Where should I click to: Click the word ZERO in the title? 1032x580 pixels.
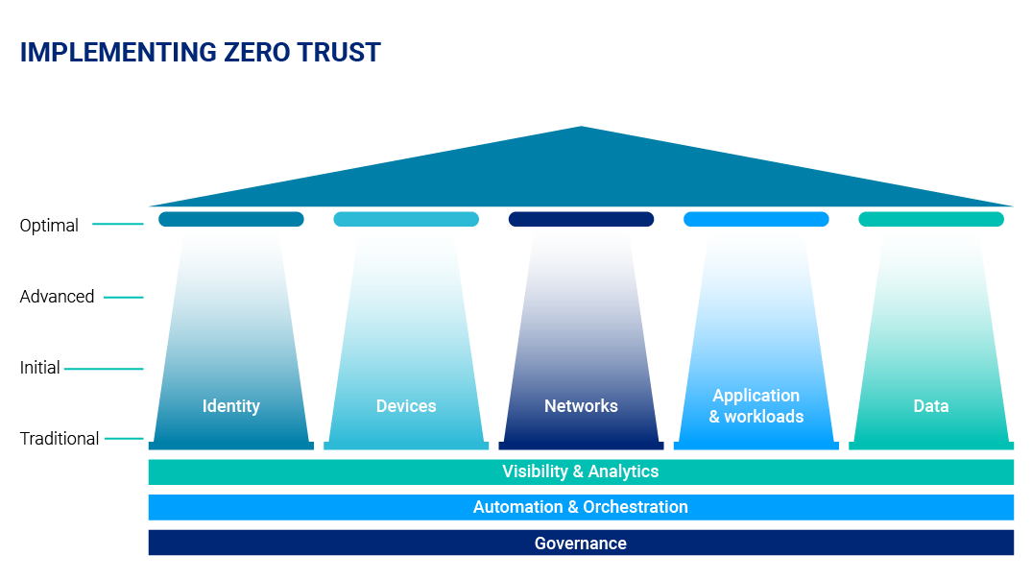point(256,53)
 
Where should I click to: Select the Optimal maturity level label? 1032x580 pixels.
point(49,225)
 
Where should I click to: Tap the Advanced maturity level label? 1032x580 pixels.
point(58,297)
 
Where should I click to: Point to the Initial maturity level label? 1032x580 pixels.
point(39,368)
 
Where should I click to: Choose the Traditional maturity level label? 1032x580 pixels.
point(60,439)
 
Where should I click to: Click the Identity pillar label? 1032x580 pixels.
point(231,406)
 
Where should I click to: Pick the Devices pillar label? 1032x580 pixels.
point(406,405)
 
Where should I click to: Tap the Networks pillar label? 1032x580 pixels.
point(581,405)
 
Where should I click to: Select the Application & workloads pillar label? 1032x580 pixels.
point(756,405)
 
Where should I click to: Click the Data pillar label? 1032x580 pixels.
point(931,405)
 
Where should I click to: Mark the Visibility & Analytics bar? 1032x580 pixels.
point(581,472)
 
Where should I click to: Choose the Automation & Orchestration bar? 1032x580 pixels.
point(581,508)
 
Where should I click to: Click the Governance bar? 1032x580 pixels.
point(581,544)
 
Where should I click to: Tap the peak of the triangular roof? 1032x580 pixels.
point(581,127)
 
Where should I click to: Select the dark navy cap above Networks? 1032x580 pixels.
point(581,219)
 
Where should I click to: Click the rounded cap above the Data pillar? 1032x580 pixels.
point(931,219)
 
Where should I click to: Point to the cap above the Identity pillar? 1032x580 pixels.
point(231,219)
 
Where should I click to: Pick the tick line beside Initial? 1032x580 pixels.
point(104,369)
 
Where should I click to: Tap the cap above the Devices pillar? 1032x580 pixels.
point(406,219)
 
